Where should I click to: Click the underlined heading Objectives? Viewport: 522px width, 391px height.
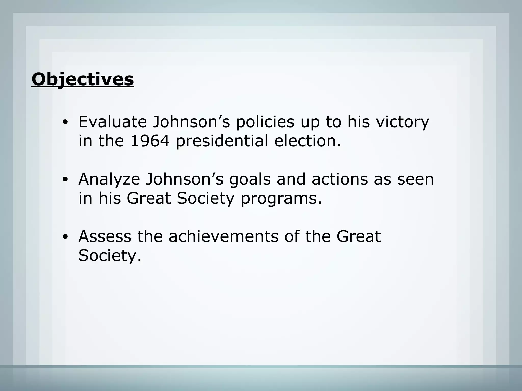(83, 79)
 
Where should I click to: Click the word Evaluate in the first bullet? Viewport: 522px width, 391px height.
(112, 122)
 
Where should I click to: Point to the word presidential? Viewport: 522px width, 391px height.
(222, 141)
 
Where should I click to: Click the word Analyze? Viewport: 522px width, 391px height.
(109, 179)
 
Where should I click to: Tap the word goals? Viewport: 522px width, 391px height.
(250, 179)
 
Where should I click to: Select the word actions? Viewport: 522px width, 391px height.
(340, 179)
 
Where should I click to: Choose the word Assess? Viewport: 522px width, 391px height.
(105, 236)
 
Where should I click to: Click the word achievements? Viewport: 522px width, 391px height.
(224, 236)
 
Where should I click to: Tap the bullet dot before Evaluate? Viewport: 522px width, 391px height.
(65, 122)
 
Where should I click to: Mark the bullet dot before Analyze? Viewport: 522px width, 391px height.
(65, 180)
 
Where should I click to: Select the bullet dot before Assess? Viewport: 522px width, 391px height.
(65, 237)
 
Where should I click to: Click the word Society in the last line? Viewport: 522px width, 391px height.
(110, 255)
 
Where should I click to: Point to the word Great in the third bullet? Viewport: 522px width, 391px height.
(358, 236)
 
